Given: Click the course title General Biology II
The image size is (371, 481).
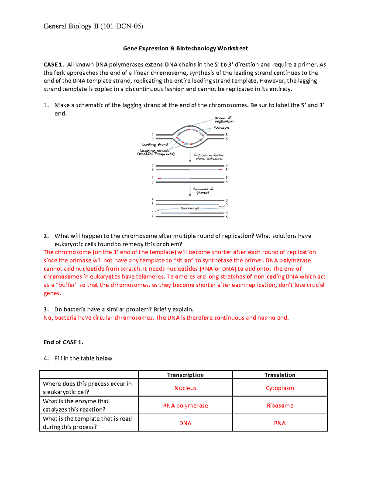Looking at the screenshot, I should (x=93, y=26).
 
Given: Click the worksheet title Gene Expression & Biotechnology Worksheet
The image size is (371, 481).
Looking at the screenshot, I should (x=185, y=48).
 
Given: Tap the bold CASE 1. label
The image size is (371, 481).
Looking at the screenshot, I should (x=53, y=65).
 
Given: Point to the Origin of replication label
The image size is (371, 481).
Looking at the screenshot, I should (x=224, y=120).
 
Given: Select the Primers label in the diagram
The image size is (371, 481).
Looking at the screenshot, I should (x=221, y=128).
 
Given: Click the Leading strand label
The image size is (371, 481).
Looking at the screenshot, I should (x=155, y=144).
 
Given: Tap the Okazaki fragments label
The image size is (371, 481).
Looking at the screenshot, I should (x=156, y=154).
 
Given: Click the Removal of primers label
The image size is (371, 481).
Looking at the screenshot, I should (x=203, y=190).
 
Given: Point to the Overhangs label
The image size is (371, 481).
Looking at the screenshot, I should (x=190, y=208).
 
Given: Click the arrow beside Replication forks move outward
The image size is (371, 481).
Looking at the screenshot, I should (x=190, y=157).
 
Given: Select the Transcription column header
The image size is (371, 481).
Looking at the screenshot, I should (x=185, y=375).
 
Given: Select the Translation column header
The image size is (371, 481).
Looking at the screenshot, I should (x=280, y=375).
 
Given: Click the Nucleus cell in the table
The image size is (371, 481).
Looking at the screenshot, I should (x=185, y=388).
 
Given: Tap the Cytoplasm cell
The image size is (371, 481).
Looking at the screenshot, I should (x=280, y=388).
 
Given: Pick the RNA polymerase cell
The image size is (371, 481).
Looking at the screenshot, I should (x=185, y=406).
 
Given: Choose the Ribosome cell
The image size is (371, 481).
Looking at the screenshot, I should (x=280, y=406).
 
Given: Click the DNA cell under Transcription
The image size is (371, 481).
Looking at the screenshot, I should (x=185, y=423).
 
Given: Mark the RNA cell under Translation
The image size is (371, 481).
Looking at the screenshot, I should (x=280, y=423).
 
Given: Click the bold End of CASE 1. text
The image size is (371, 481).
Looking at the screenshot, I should (x=63, y=342).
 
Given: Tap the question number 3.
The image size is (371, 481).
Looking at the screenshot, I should (x=46, y=309).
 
